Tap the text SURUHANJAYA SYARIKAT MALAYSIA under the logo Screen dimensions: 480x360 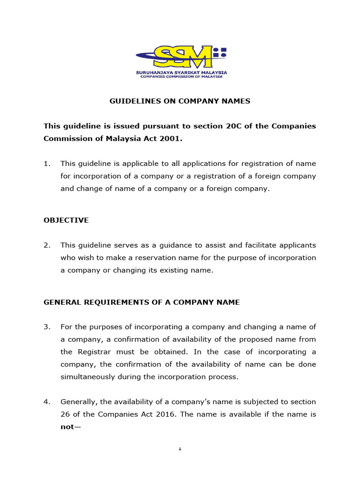181,73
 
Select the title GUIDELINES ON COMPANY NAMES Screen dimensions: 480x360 180,101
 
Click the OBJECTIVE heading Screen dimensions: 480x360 66,220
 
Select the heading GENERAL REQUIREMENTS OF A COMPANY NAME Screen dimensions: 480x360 142,302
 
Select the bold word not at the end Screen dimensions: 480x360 67,427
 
